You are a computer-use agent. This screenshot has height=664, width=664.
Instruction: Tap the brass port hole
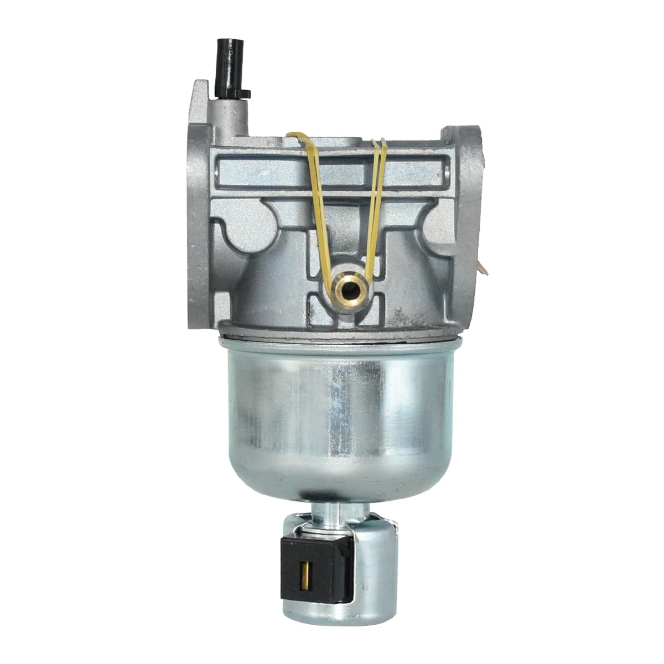pyautogui.click(x=349, y=288)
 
